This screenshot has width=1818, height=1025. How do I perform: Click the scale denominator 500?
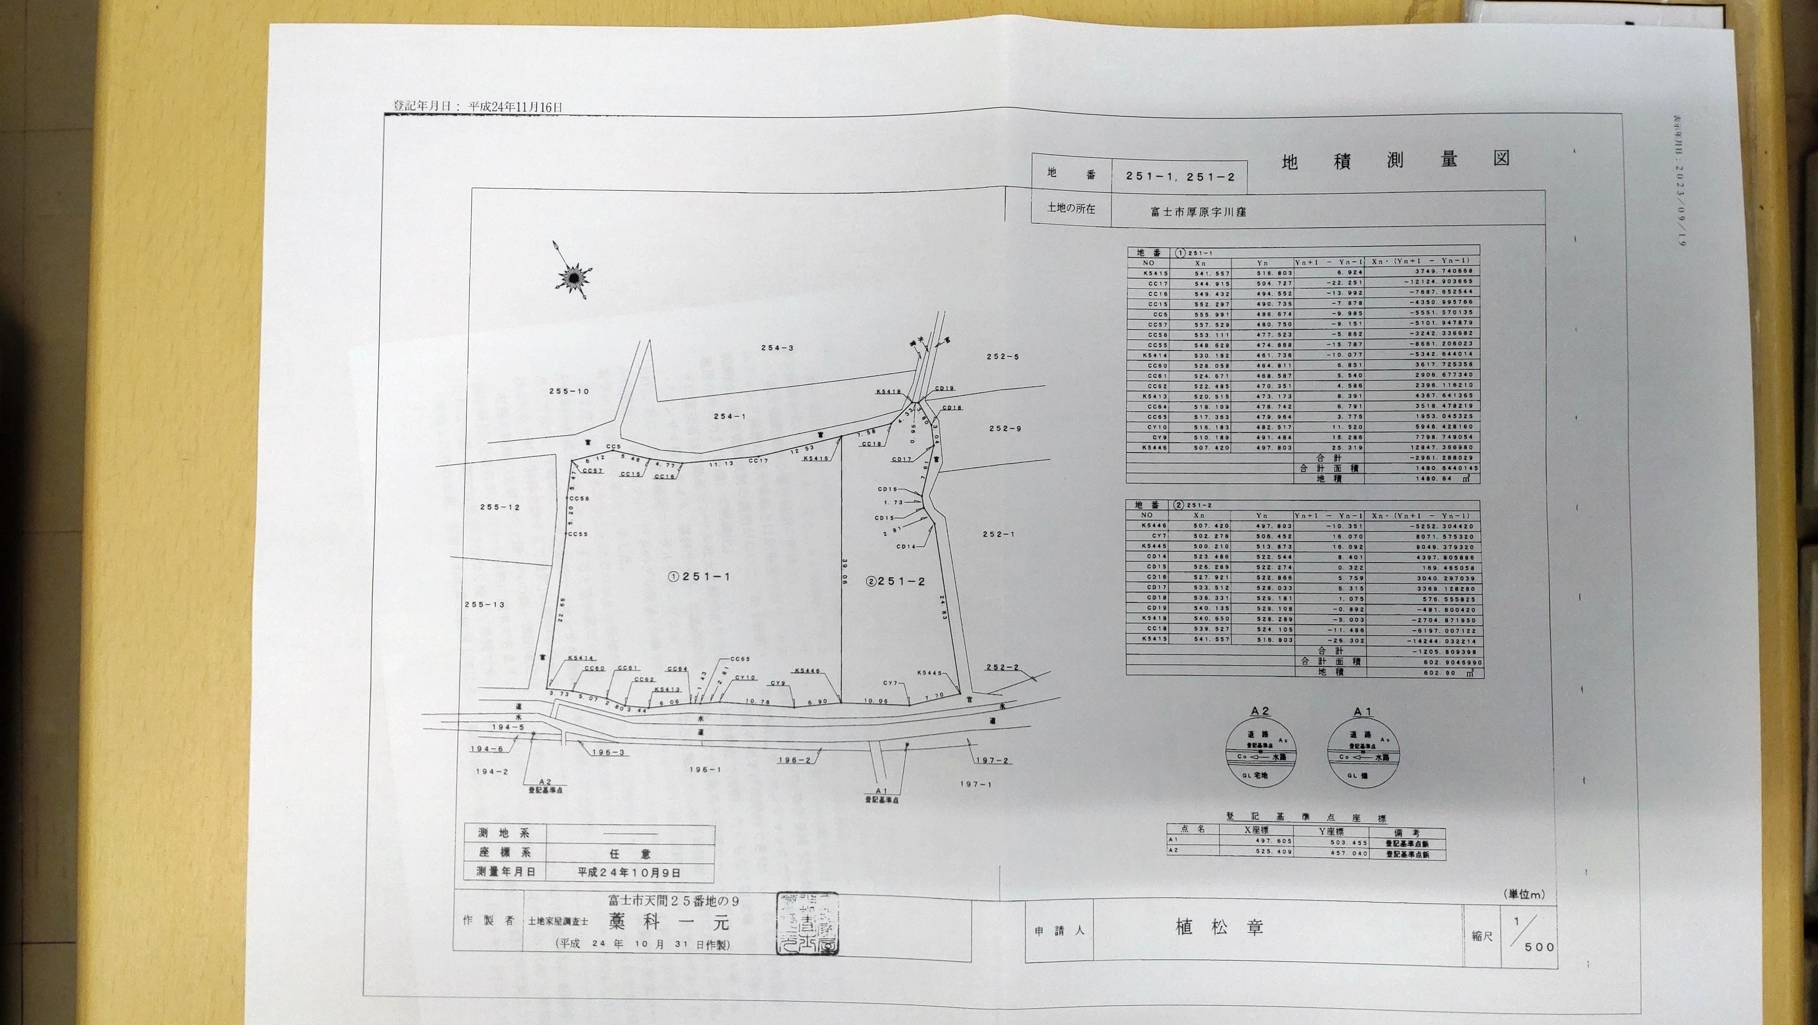click(1538, 947)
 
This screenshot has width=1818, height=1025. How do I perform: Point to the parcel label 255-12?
click(499, 508)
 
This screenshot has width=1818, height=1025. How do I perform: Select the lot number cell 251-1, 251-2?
click(1180, 176)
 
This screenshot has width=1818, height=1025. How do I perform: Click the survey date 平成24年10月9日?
click(629, 873)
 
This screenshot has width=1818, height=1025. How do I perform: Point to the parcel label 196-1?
click(704, 770)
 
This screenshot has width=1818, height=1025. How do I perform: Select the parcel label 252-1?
click(997, 535)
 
